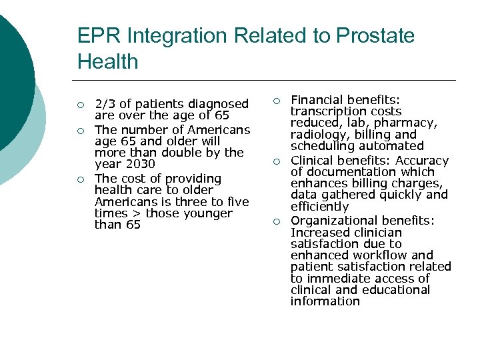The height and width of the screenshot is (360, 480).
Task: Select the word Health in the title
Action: pos(108,62)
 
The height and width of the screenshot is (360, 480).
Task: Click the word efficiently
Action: pos(319,207)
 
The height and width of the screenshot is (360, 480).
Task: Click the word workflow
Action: pos(379,255)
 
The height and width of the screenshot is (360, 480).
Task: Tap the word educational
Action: pos(397,290)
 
